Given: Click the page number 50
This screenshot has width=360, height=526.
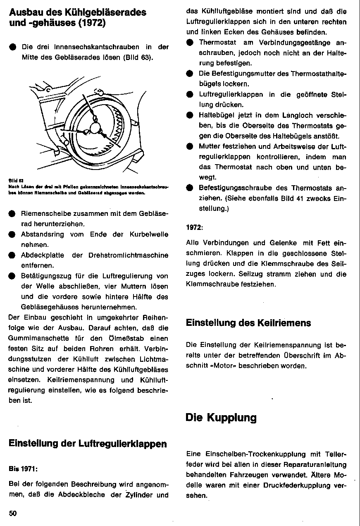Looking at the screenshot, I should [12, 513].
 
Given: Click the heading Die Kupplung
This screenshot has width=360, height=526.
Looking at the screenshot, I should [221, 418].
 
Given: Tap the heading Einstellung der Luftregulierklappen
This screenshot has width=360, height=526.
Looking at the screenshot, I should [88, 444].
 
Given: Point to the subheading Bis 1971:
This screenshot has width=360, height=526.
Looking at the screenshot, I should [23, 469].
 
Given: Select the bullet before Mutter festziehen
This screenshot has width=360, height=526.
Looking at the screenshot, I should [190, 146].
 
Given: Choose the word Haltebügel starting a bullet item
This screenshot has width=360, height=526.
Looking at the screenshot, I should [217, 115].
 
